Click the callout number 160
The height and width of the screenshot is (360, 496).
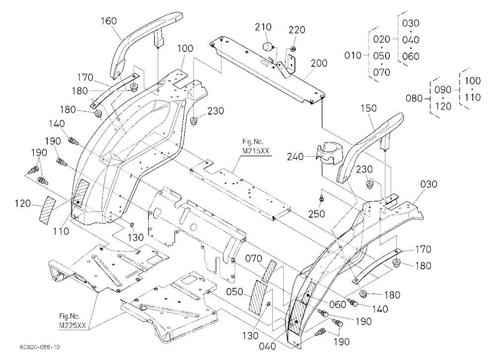[109, 21]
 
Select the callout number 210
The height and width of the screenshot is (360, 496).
[263, 27]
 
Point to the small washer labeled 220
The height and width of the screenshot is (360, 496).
[294, 49]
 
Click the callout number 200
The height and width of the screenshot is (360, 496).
[319, 63]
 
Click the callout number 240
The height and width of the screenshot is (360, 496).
[296, 157]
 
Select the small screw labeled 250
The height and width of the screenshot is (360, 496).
[321, 198]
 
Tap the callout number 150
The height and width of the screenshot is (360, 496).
[369, 108]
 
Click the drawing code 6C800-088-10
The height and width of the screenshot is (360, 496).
[40, 347]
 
